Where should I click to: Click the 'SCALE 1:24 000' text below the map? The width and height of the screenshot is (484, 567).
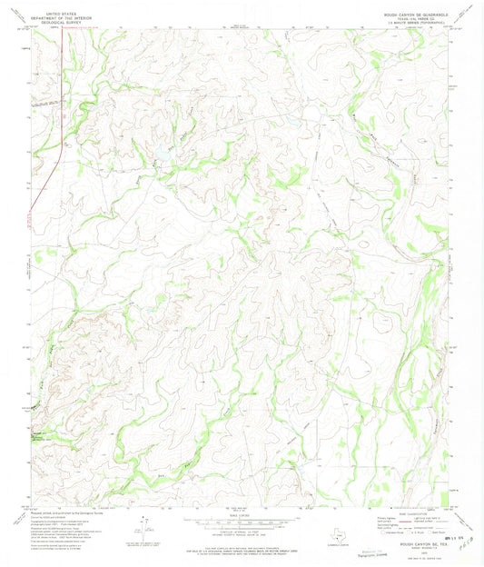[x=242, y=506]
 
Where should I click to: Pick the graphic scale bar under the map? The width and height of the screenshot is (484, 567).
[x=242, y=514]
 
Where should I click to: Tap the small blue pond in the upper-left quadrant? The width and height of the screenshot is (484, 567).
[x=169, y=144]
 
